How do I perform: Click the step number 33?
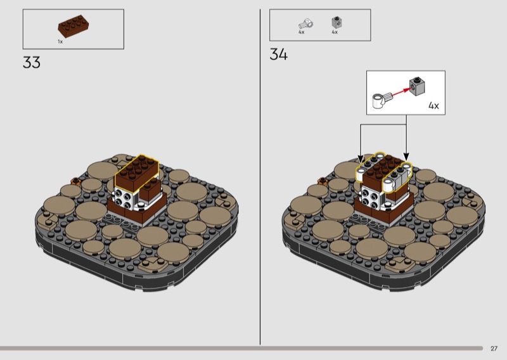(x=32, y=62)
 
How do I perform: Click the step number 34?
(x=278, y=54)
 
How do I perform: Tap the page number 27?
(x=494, y=349)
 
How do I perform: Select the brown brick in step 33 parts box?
(x=74, y=26)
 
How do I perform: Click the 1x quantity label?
(x=60, y=41)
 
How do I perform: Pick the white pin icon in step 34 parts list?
(x=305, y=24)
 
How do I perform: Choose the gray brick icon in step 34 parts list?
(x=337, y=23)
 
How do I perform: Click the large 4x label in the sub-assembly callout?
(x=433, y=105)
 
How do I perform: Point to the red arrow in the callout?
(x=401, y=91)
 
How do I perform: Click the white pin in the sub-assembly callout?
(x=382, y=100)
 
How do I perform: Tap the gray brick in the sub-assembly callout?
(x=417, y=86)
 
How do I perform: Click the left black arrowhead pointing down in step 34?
(x=361, y=158)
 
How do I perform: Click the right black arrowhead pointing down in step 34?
(x=406, y=157)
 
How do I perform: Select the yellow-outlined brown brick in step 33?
(x=137, y=172)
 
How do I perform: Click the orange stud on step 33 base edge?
(x=75, y=181)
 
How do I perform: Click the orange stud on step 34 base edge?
(x=323, y=181)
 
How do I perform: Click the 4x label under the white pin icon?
(x=302, y=32)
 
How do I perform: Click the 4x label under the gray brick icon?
(x=335, y=32)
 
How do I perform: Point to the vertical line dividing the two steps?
(x=260, y=177)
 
